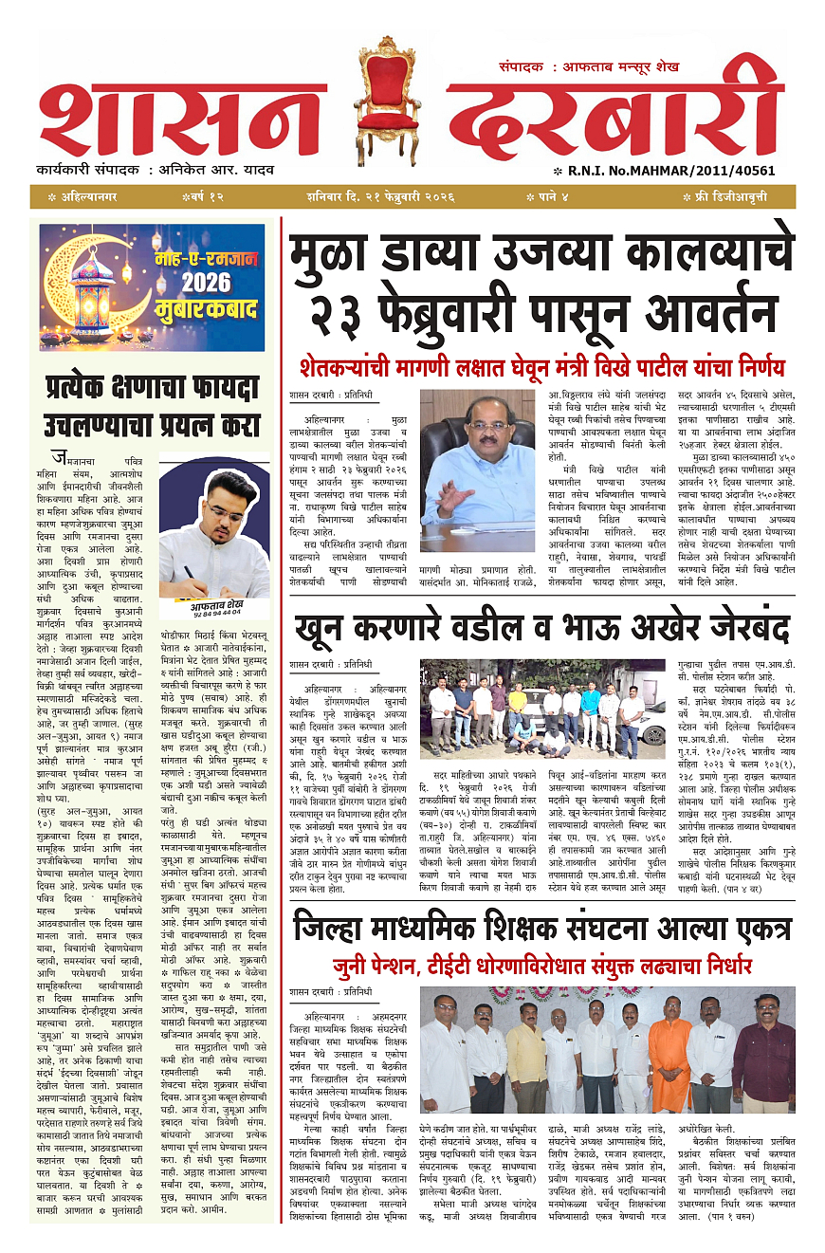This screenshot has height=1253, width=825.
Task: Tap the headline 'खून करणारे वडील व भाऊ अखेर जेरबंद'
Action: coord(541,629)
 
